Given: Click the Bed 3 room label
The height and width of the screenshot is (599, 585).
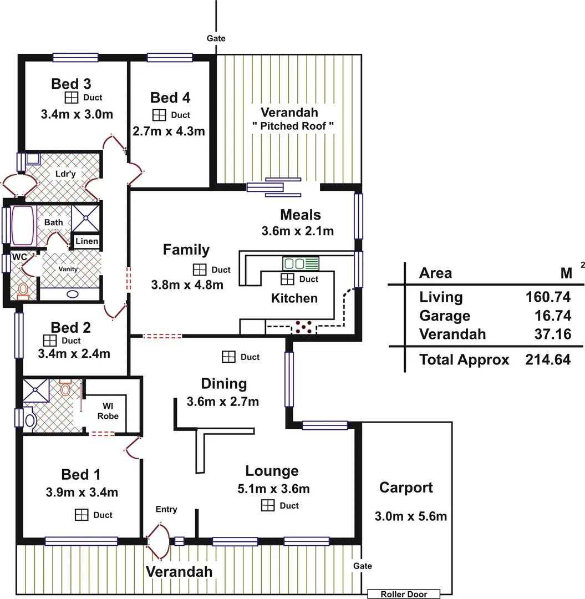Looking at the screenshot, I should click(x=71, y=84).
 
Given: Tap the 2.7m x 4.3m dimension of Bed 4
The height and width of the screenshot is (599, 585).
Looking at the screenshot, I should click(x=169, y=131).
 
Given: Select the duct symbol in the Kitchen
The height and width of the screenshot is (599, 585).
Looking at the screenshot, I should click(x=287, y=279).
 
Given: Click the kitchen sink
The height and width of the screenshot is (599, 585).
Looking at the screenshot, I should click(x=301, y=263).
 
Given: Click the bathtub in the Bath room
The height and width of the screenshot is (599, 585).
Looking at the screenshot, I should click(x=22, y=226).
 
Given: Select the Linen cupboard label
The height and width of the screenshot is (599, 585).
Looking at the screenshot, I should click(x=87, y=241).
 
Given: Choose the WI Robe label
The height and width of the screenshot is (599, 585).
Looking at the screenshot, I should click(x=108, y=411).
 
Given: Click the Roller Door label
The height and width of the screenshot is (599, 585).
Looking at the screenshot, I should click(x=404, y=594).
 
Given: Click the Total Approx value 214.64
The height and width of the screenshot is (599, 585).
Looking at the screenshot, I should click(x=548, y=359).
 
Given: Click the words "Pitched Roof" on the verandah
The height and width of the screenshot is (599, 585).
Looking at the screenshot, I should click(x=293, y=126).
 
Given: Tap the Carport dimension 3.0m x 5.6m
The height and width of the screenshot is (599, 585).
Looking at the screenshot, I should click(x=411, y=516).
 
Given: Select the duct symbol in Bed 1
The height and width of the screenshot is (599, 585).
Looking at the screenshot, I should click(x=82, y=515).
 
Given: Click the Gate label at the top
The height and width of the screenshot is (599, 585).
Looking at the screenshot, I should click(x=216, y=38).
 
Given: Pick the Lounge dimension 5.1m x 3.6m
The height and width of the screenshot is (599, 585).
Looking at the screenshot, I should click(x=272, y=489).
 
